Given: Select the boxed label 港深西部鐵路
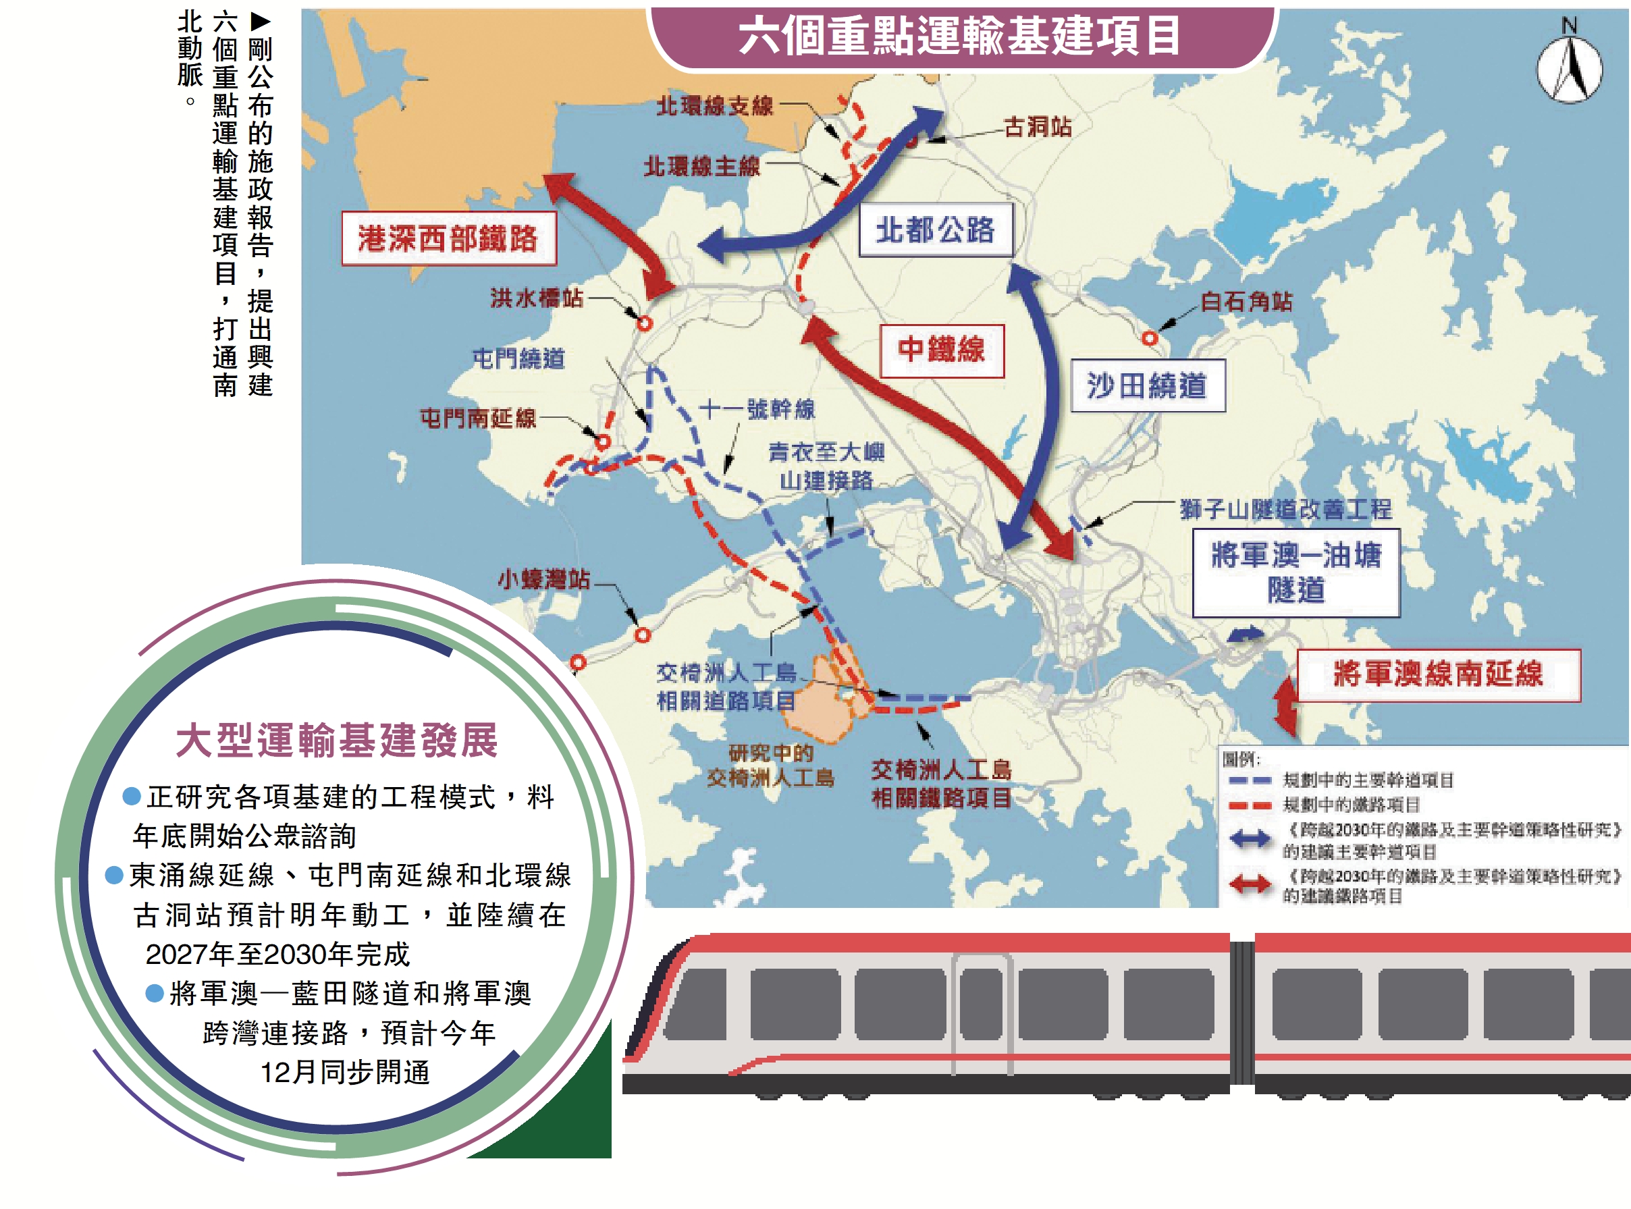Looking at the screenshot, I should pyautogui.click(x=448, y=238).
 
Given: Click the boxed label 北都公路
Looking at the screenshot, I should pyautogui.click(x=935, y=230).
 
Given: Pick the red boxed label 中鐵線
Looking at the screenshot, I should pyautogui.click(x=941, y=350).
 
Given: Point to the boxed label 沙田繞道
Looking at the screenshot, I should pyautogui.click(x=1146, y=385).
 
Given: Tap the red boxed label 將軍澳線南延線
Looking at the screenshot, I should pyautogui.click(x=1438, y=674).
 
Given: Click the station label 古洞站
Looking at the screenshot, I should pyautogui.click(x=1038, y=128).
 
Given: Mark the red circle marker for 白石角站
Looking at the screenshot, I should pyautogui.click(x=1150, y=338).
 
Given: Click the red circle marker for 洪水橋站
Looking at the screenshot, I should pyautogui.click(x=644, y=323).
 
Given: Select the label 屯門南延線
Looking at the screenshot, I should pyautogui.click(x=478, y=419).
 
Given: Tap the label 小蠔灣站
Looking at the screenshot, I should pyautogui.click(x=543, y=579).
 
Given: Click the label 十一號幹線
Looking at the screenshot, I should pyautogui.click(x=757, y=409).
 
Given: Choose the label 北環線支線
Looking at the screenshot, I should pyautogui.click(x=714, y=106).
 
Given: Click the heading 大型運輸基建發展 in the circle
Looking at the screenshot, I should pyautogui.click(x=338, y=740).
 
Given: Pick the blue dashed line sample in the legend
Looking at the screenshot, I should pyautogui.click(x=1249, y=781).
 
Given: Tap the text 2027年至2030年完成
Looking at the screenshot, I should pyautogui.click(x=277, y=954).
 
